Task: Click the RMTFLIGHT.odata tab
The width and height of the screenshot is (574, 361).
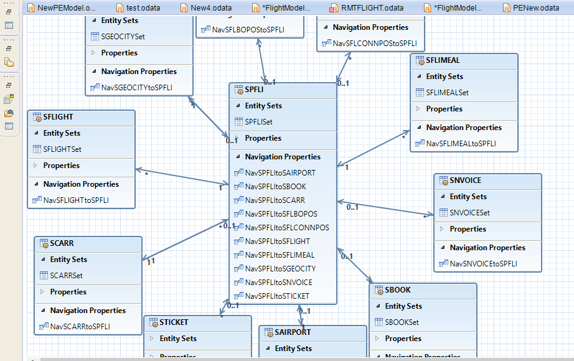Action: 371,7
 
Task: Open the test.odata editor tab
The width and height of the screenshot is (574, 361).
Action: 143,7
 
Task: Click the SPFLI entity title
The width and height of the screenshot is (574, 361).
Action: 254,90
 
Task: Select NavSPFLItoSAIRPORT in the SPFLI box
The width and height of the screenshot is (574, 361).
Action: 280,173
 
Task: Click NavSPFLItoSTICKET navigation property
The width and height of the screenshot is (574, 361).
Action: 276,296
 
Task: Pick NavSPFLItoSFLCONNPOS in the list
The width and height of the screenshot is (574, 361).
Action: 287,228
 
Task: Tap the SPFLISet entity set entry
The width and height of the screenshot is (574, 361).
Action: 258,122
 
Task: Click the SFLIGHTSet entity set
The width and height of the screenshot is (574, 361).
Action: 62,149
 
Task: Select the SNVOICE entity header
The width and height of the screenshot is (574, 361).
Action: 465,180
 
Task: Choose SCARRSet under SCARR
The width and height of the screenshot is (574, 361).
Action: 66,276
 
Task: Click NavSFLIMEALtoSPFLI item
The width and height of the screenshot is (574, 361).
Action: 461,144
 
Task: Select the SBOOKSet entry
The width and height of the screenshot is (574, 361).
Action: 402,322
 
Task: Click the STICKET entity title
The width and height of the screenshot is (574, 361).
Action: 174,322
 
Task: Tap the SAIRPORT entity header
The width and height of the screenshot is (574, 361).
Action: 293,332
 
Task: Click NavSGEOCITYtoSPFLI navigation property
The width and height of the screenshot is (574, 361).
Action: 136,88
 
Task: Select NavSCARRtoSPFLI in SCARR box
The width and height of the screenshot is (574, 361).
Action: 80,327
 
